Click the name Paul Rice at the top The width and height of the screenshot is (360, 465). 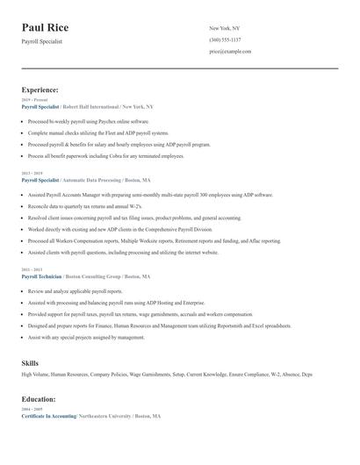[45, 28]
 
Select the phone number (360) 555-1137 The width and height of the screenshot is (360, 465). [226, 39]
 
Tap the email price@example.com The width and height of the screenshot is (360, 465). [230, 52]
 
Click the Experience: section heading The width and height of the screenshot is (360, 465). [40, 89]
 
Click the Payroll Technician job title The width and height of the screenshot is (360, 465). [42, 275]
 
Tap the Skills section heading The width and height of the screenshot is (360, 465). [30, 361]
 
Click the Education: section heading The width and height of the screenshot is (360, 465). [39, 398]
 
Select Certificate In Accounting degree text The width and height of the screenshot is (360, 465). [48, 415]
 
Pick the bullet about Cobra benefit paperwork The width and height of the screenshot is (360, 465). [106, 155]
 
